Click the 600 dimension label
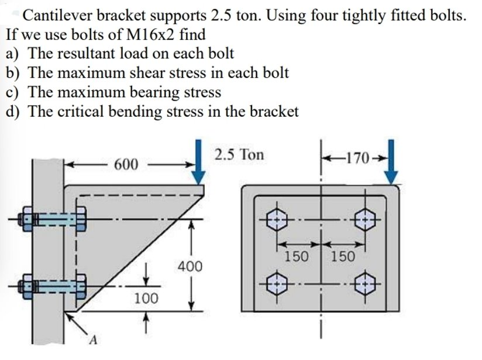(x=126, y=164)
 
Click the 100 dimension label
(x=146, y=299)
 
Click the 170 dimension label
(x=358, y=158)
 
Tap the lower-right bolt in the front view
(x=366, y=285)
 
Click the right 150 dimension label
(x=342, y=256)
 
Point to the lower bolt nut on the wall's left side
(x=26, y=286)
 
